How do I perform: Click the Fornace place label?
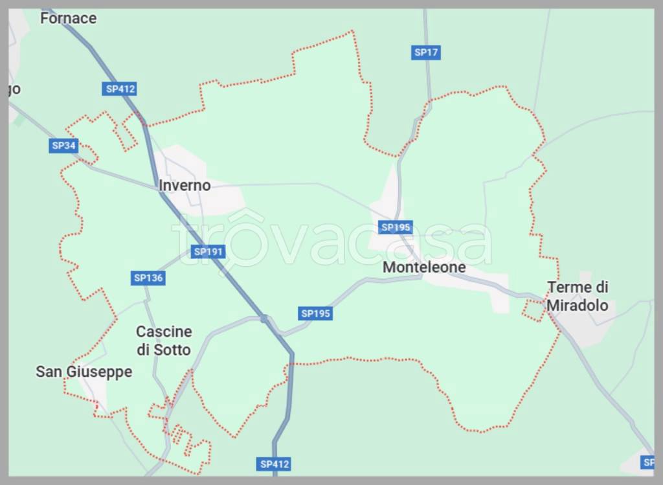tap(68, 18)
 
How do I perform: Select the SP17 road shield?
tap(426, 53)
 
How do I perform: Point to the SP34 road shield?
tap(63, 146)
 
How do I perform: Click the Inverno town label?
tap(185, 186)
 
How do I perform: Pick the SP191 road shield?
tap(208, 252)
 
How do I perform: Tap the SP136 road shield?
tap(148, 278)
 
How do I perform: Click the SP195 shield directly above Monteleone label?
tap(396, 227)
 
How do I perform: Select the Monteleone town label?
tap(424, 267)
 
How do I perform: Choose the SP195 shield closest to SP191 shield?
tap(316, 313)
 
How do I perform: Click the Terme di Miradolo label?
tap(578, 296)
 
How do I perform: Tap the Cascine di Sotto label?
tap(164, 341)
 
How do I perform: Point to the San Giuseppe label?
tap(84, 372)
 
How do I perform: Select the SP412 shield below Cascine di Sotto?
tap(275, 464)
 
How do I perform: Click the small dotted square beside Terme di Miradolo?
tap(534, 310)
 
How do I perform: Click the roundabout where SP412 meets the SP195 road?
tap(264, 318)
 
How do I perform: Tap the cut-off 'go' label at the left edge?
tap(14, 89)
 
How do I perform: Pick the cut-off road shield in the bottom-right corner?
tap(647, 462)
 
